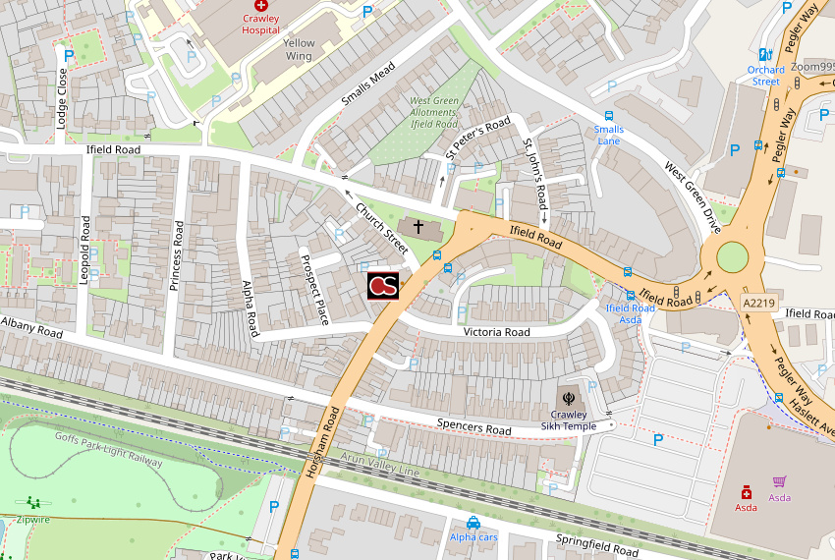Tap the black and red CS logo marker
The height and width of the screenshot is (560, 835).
(x=383, y=286)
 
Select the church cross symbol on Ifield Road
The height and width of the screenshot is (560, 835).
(x=418, y=227)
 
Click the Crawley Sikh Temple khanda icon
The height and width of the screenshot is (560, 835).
(x=567, y=398)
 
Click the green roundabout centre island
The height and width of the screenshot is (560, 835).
(x=732, y=258)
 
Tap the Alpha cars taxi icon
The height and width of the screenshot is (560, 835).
(x=473, y=523)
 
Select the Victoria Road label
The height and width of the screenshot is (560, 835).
(x=496, y=332)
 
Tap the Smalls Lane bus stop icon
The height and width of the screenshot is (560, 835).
(x=609, y=116)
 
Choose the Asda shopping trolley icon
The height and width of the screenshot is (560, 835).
(x=779, y=481)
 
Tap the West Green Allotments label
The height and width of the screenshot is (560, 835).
(x=434, y=112)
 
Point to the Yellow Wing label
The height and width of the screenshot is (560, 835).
(x=299, y=50)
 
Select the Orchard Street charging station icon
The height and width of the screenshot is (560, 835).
(x=764, y=55)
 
